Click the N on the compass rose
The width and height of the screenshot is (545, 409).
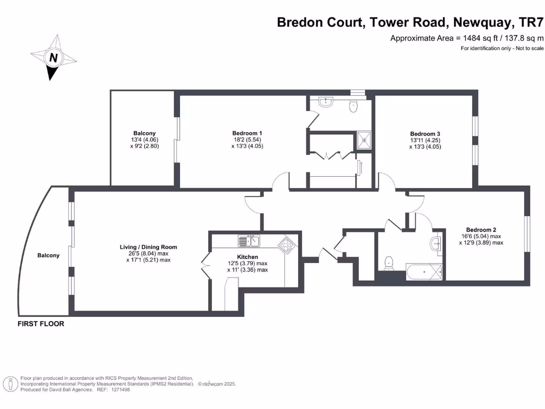[x=53, y=58]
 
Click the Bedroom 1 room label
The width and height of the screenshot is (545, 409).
[x=247, y=133]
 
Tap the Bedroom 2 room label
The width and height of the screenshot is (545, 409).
[x=481, y=230]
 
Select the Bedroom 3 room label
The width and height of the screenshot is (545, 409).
[x=425, y=134]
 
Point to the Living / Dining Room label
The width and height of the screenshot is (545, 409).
[x=148, y=247]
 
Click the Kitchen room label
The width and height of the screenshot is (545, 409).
[x=247, y=257]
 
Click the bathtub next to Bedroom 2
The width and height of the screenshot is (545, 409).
[x=424, y=272]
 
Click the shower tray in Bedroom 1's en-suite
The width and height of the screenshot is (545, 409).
[x=365, y=140]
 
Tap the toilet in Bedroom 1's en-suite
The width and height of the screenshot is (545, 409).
[x=353, y=107]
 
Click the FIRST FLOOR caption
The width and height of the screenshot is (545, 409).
[x=41, y=324]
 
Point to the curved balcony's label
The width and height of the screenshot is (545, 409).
[x=48, y=256]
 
